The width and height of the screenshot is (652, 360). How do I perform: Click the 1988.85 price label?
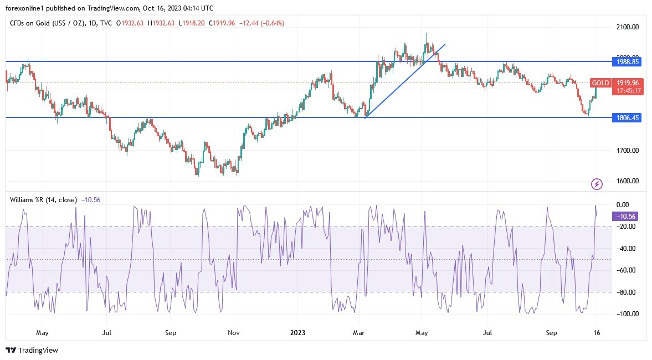[x=628, y=61]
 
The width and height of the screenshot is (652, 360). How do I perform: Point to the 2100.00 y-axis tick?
[x=628, y=27]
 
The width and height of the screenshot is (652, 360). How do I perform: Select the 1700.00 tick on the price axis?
[x=628, y=151]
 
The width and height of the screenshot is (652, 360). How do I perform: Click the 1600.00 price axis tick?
[x=628, y=181]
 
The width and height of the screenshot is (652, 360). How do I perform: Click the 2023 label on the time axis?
[x=297, y=333]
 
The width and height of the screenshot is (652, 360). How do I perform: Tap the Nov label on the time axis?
[x=234, y=333]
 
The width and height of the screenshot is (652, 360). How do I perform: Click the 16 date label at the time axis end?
[x=597, y=333]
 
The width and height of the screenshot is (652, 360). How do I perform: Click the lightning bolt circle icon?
[x=597, y=184]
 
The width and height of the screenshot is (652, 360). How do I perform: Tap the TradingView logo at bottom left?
[x=32, y=350]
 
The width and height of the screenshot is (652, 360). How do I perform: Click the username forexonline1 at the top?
[x=26, y=8]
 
